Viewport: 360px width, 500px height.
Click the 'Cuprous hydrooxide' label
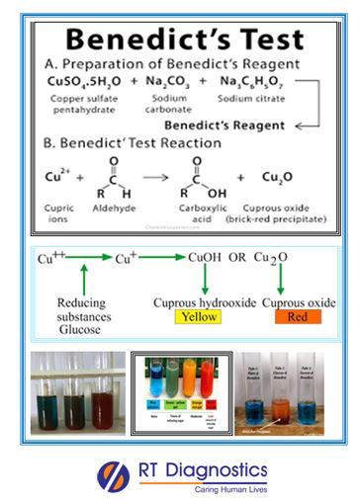click(x=201, y=300)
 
